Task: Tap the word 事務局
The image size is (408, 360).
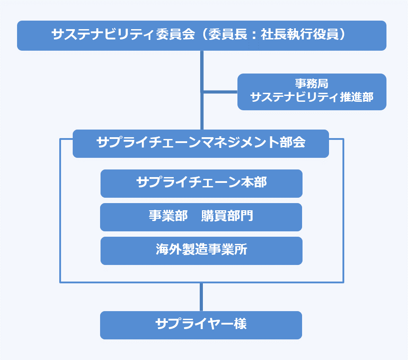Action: [x=311, y=84]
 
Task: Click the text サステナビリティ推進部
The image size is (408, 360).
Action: [x=311, y=97]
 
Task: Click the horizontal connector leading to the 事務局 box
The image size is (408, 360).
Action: [x=220, y=92]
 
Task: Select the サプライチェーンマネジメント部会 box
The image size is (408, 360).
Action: [x=201, y=143]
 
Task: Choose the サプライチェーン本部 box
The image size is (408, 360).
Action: [x=201, y=183]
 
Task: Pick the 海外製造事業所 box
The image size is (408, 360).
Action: [x=201, y=250]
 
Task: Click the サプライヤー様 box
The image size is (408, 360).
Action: [x=201, y=325]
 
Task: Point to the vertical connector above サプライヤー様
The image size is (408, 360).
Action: [x=202, y=297]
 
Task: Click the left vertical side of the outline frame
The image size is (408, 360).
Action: [x=60, y=211]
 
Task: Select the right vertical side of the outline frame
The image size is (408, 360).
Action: [x=343, y=211]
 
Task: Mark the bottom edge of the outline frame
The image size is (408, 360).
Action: [x=135, y=282]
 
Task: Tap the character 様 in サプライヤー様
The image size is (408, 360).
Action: [x=240, y=324]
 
